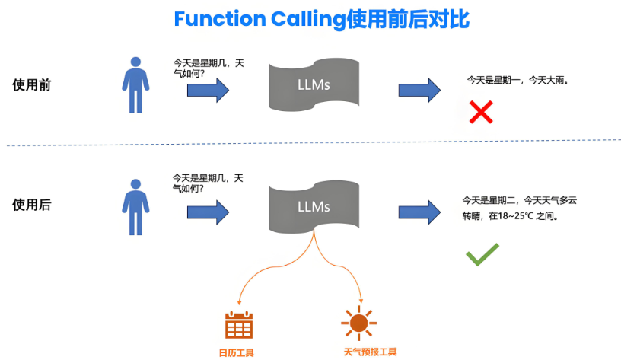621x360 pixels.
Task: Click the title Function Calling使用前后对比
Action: coord(321,19)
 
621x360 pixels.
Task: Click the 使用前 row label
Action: coord(32,84)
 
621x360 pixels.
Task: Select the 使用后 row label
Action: coord(32,204)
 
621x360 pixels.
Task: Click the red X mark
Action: coord(480,113)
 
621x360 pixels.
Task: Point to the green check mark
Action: coord(482,254)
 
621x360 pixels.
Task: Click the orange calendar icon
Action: coord(238,325)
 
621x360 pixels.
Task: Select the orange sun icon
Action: coord(358,324)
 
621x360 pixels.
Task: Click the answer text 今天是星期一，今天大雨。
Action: coord(517,79)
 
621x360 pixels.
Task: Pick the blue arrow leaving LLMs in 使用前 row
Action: coord(419,91)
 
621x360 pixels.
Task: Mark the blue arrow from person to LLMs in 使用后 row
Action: coord(208,212)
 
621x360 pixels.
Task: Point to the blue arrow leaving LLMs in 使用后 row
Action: coord(419,212)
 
